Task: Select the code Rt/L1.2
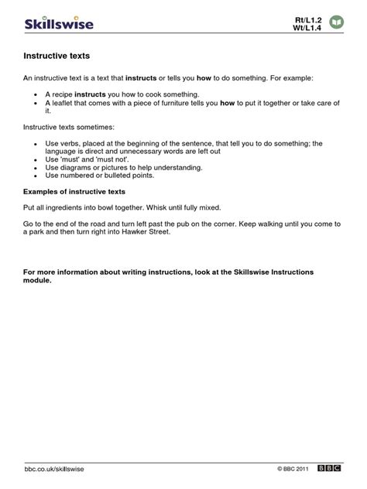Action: (x=309, y=18)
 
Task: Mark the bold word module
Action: (x=38, y=280)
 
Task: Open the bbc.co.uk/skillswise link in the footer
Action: (x=54, y=470)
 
